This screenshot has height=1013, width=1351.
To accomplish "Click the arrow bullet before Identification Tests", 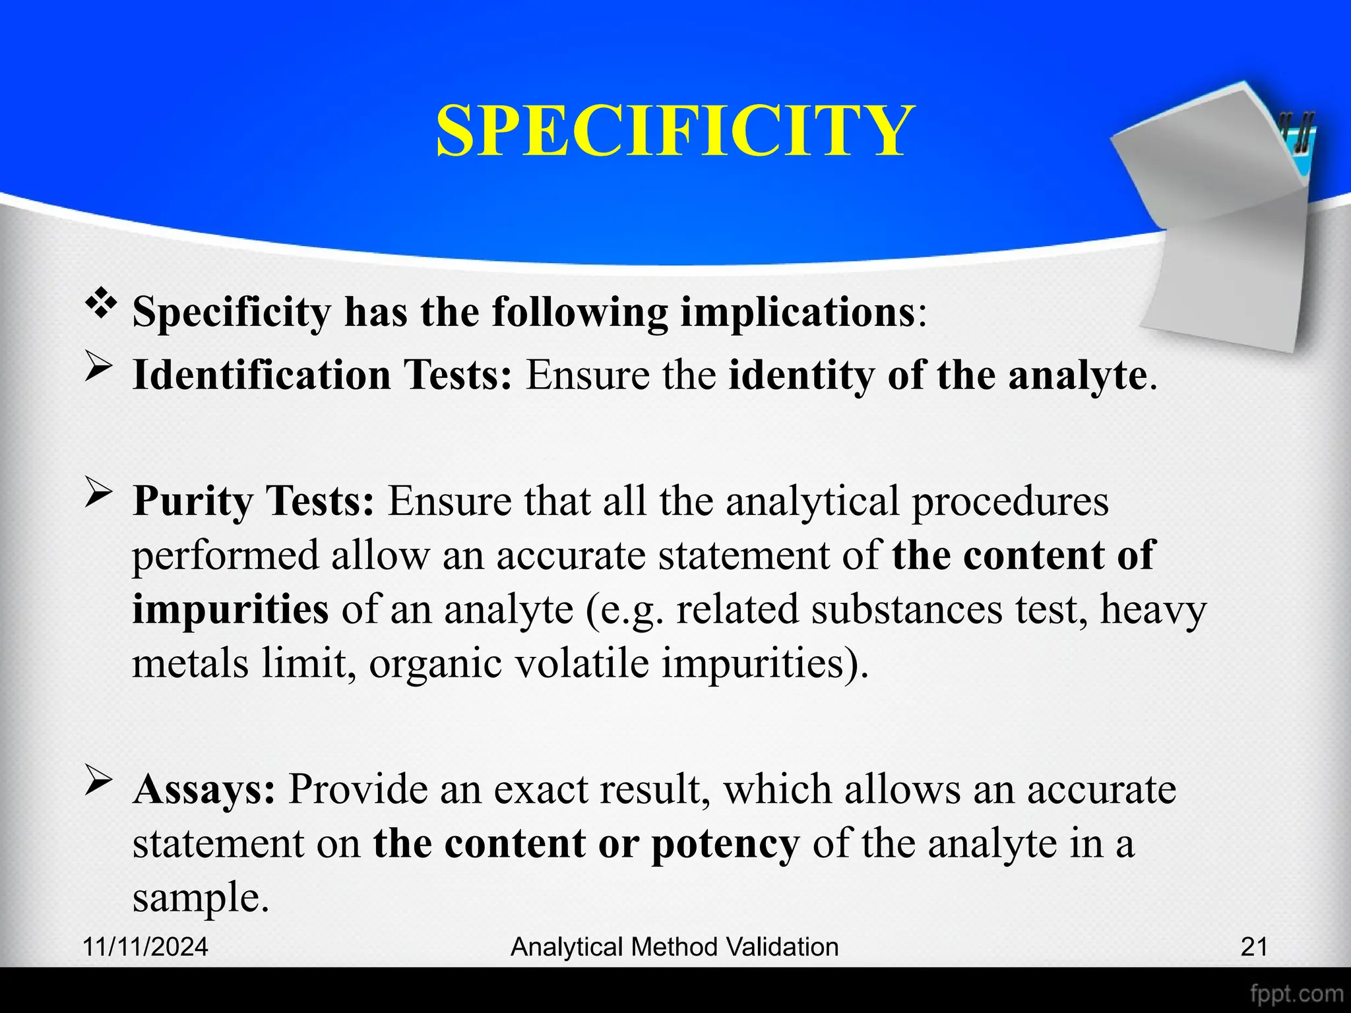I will coord(98,369).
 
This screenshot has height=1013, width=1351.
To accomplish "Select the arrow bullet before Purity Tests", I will coord(98,495).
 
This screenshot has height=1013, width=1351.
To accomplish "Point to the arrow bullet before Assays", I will coord(98,783).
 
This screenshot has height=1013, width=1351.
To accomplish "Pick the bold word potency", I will coord(725,844).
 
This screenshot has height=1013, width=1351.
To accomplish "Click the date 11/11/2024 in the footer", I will coord(146,946).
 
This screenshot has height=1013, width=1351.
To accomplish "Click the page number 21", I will coord(1254,946).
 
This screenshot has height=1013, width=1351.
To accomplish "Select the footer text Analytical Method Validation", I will coord(675,946).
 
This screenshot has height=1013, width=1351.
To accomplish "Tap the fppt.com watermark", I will coord(1296,993).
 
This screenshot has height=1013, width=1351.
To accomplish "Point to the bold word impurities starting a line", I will coord(230,609).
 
